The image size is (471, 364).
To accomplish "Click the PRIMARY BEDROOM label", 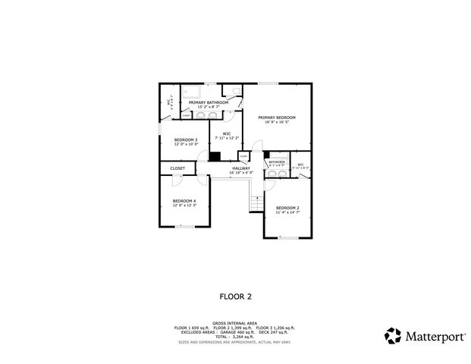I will pos(276,118).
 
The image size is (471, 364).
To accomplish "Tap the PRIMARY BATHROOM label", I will pos(208,102).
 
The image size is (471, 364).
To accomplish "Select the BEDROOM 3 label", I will pos(186,140).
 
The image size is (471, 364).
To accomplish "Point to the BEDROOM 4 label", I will pos(184,200).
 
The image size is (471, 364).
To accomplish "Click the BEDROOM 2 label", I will pos(287,208).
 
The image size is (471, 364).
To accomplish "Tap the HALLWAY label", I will pos(241,168).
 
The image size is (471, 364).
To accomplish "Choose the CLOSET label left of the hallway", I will pos(177,168).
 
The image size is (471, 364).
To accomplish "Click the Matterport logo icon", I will pos(393,335).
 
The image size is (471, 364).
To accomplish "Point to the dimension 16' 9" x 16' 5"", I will pos(276,122).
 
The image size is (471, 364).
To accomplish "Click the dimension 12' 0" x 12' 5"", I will pos(184,205).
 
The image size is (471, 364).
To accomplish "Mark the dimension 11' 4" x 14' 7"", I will pos(287,212).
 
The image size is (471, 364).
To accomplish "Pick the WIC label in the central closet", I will pos(227,133).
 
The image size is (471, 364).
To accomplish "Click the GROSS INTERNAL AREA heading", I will pos(235,322).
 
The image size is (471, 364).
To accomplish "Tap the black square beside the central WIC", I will pos(215,156).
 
